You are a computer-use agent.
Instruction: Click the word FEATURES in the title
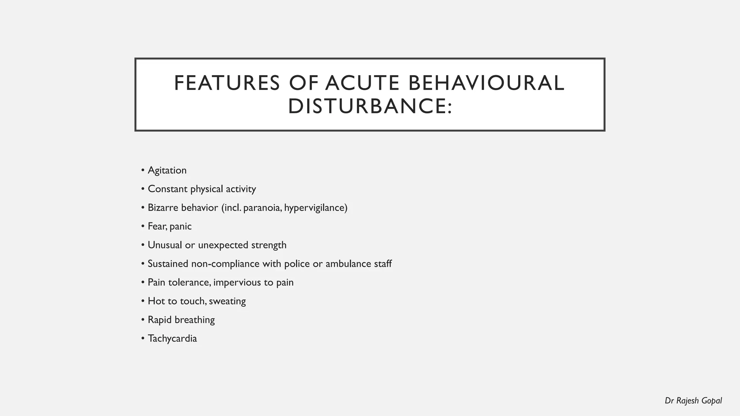[227, 83]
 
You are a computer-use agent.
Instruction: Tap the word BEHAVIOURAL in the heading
[486, 83]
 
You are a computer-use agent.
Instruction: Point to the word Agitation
[167, 170]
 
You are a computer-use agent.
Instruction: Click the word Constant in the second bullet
[168, 189]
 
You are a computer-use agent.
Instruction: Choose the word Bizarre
[163, 208]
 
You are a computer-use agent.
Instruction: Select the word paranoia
[262, 208]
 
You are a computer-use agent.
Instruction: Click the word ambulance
[348, 264]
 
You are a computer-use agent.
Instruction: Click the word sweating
[227, 301]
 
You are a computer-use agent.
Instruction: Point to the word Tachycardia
[172, 339]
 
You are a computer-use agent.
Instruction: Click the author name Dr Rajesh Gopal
[693, 401]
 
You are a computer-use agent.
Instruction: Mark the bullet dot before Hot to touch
[143, 301]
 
